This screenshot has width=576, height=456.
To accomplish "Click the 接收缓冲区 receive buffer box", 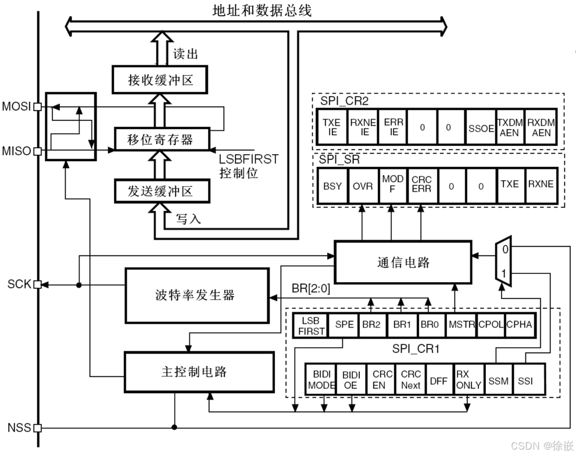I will click(x=160, y=80).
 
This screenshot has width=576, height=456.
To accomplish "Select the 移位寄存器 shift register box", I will click(x=160, y=140).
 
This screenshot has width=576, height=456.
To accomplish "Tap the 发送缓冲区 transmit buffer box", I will click(x=160, y=190).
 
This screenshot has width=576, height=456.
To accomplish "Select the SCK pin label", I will click(x=19, y=285).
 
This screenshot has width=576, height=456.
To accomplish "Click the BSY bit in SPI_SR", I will click(x=332, y=185).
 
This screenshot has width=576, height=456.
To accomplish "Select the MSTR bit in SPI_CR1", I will click(x=461, y=325).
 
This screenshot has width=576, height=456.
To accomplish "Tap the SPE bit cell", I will click(x=344, y=325).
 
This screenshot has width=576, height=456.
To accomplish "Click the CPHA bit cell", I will click(x=519, y=325).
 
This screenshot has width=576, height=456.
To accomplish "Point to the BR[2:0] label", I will click(x=310, y=289).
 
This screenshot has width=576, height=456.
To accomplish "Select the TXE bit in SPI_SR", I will click(x=509, y=185).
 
